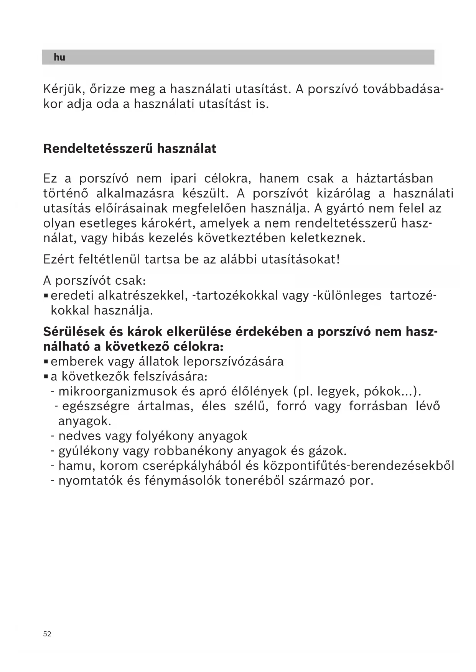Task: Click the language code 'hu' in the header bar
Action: [59, 57]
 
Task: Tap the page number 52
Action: [47, 634]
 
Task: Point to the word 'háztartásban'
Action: [395, 179]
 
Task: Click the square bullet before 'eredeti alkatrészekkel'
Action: [46, 296]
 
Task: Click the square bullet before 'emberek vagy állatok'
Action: [46, 361]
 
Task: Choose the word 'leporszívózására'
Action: [234, 361]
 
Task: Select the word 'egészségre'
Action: [96, 406]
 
